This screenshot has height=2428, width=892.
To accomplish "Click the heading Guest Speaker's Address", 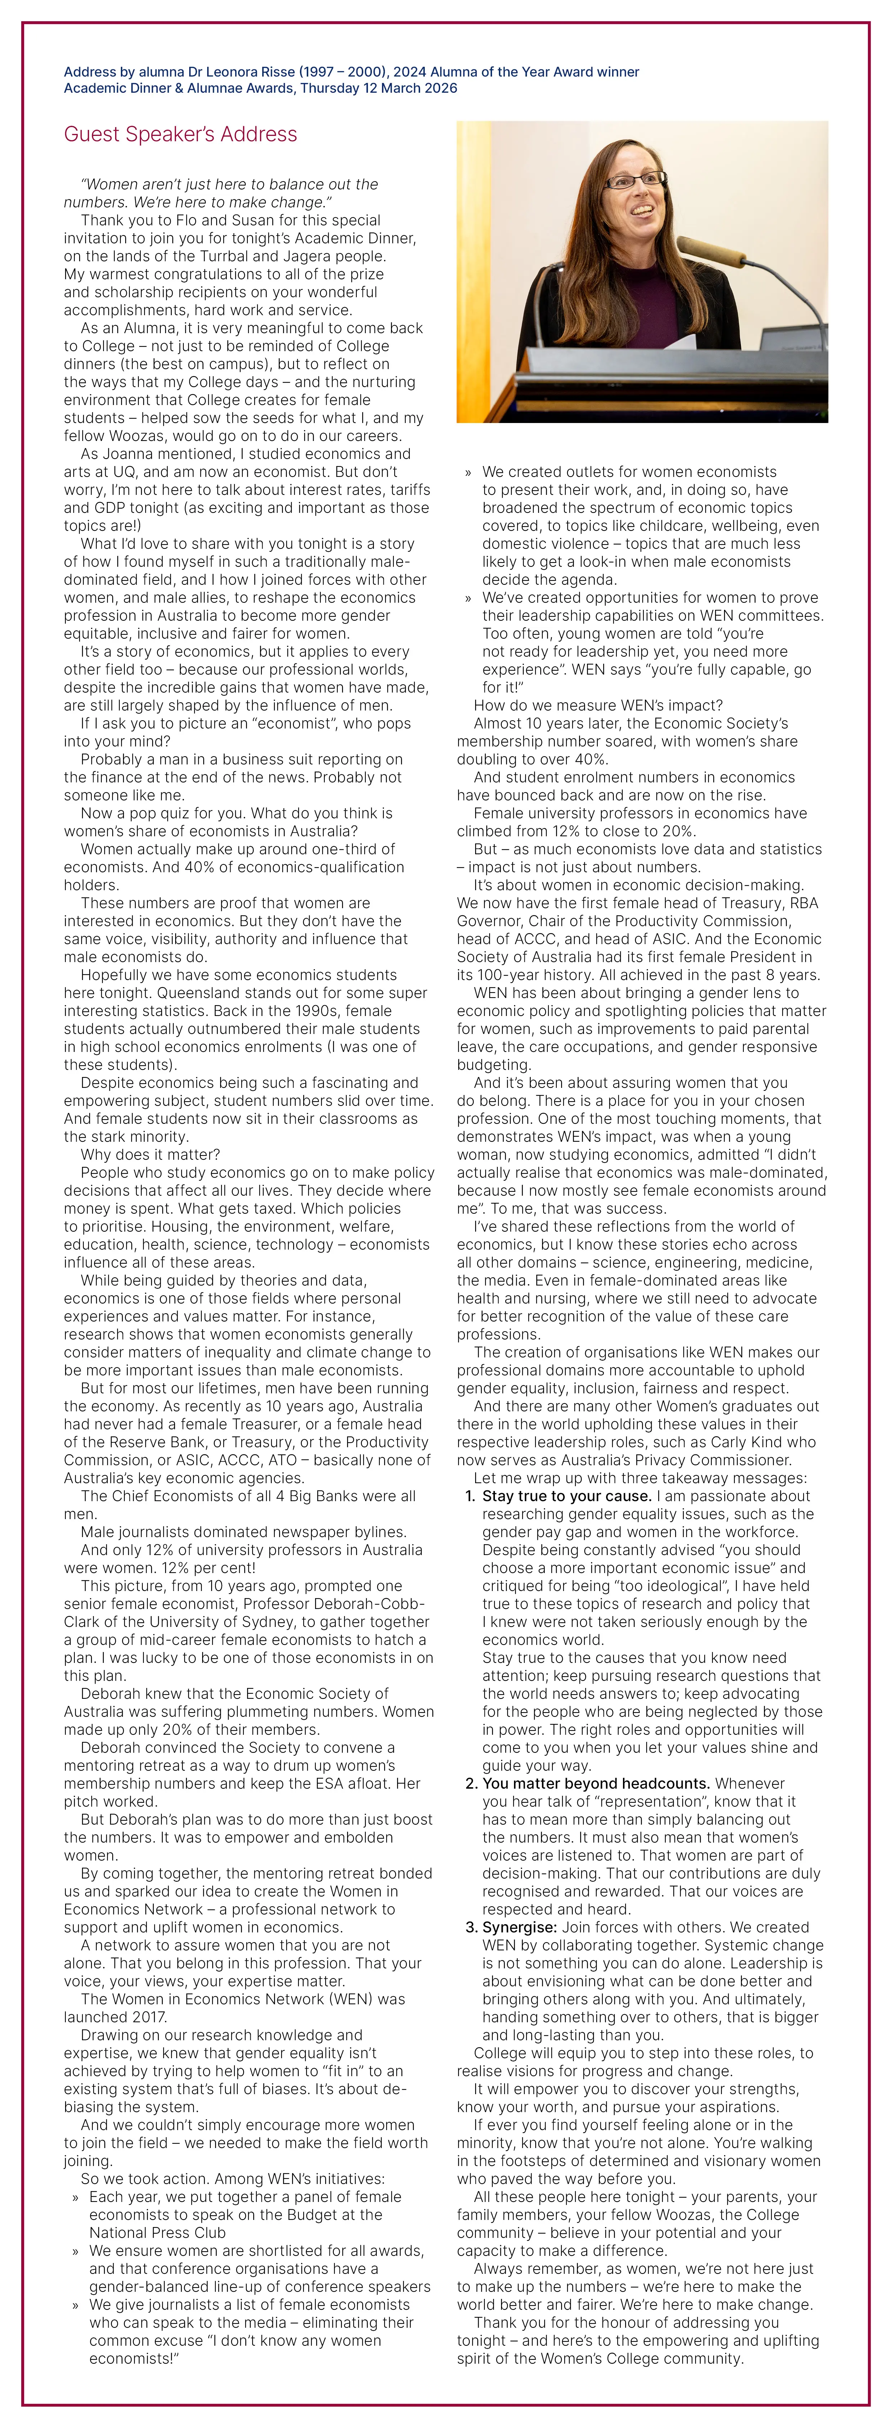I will coord(180,134).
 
